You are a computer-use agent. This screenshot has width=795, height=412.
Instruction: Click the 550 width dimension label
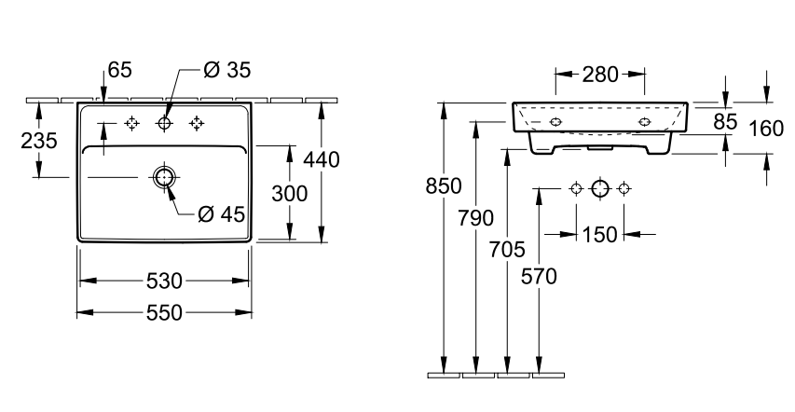pos(164,313)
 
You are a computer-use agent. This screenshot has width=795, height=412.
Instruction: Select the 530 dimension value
pos(164,281)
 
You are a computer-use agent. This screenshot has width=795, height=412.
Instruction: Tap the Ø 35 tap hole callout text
pos(227,70)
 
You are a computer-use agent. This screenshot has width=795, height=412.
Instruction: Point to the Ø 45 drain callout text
pos(222,214)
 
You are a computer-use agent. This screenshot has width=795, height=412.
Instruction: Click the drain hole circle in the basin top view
pos(164,177)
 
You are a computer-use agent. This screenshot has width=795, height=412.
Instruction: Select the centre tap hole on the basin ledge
pos(165,123)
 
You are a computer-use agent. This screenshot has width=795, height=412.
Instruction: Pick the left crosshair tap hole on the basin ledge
pos(131,123)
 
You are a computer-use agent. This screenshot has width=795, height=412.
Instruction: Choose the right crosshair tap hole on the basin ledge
pos(197,123)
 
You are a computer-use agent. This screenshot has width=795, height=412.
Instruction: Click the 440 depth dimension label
pos(322,159)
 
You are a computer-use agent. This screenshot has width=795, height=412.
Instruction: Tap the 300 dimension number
pos(290,193)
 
